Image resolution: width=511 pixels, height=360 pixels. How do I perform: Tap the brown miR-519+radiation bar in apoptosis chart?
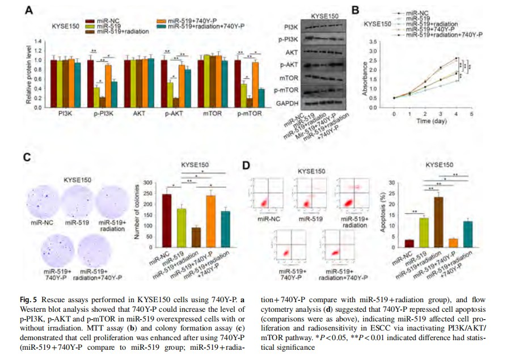(x=438, y=222)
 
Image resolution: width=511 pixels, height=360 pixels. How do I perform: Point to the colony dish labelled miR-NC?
(x=41, y=200)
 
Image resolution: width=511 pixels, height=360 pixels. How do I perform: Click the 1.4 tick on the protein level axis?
(x=39, y=41)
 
